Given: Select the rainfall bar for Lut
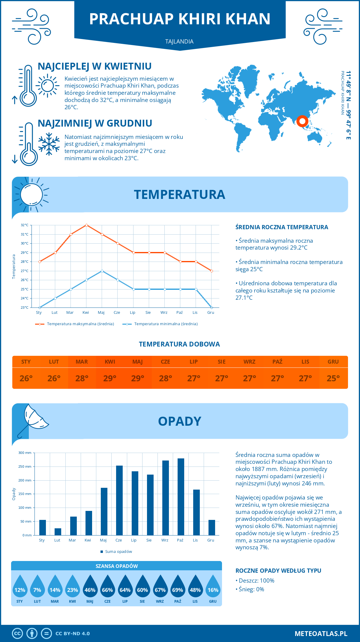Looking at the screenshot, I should (58, 532).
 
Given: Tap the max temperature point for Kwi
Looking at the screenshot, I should (86, 225).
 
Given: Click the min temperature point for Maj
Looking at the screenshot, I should (102, 271).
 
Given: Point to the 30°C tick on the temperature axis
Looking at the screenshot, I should (25, 243).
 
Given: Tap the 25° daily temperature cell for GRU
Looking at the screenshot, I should (333, 378).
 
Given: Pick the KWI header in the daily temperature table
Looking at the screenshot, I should (110, 362).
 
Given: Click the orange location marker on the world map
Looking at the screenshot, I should (302, 121).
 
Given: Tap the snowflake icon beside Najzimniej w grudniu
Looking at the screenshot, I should (49, 144).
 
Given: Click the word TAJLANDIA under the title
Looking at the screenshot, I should (179, 41).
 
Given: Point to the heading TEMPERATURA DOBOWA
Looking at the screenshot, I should (179, 344).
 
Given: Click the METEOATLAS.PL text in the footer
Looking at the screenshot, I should (321, 634).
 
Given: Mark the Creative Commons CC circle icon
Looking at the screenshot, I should (17, 634).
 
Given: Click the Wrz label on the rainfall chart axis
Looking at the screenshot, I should (165, 540).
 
